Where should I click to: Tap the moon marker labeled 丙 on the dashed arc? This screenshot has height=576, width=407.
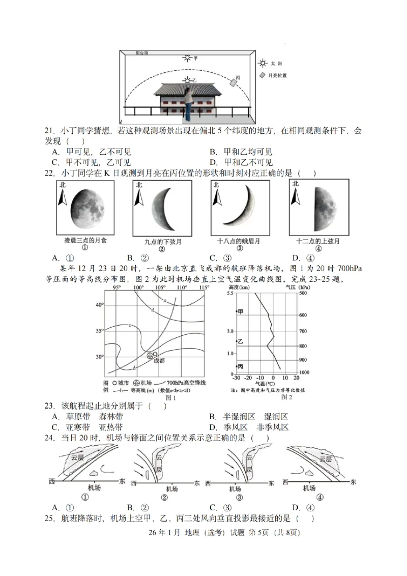pyautogui.click(x=234, y=82)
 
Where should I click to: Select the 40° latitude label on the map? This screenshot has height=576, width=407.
pyautogui.click(x=100, y=305)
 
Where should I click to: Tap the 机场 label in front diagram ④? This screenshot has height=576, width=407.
pyautogui.click(x=309, y=488)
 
